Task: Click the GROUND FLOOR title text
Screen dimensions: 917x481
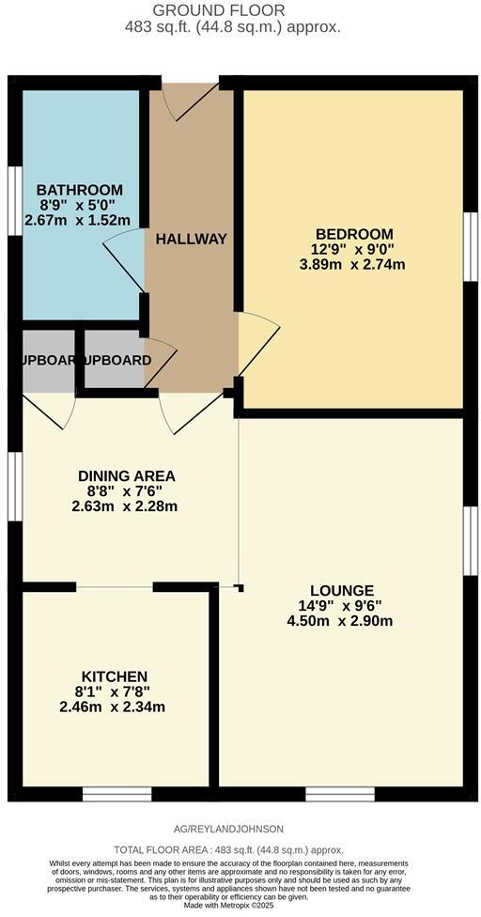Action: point(232,9)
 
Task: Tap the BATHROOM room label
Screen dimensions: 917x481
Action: point(80,189)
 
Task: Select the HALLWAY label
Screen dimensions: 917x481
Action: point(192,239)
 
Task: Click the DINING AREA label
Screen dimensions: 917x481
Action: point(126,475)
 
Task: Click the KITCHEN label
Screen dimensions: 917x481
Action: point(114,676)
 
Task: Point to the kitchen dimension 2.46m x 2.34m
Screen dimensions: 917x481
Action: point(114,707)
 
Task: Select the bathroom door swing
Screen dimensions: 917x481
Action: point(124,261)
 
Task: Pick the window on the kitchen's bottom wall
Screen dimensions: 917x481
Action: point(116,795)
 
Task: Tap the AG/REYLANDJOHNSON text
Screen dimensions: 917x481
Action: point(230,829)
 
